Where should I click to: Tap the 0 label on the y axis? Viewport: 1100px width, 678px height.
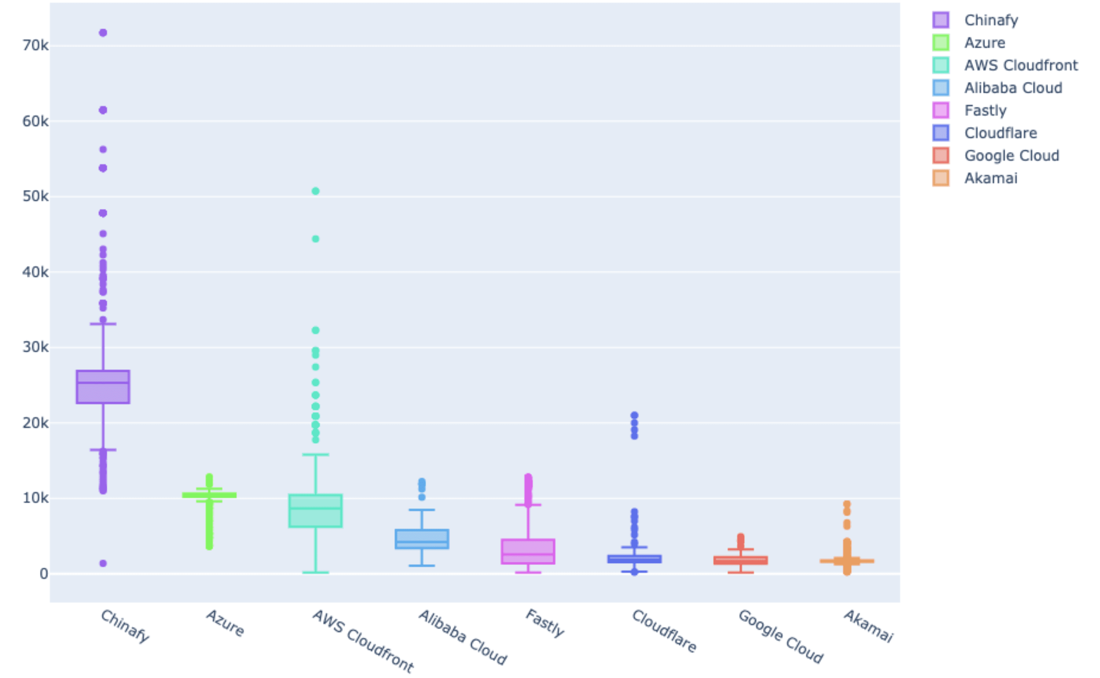pyautogui.click(x=43, y=574)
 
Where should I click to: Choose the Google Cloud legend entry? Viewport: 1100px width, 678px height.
pyautogui.click(x=1012, y=155)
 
